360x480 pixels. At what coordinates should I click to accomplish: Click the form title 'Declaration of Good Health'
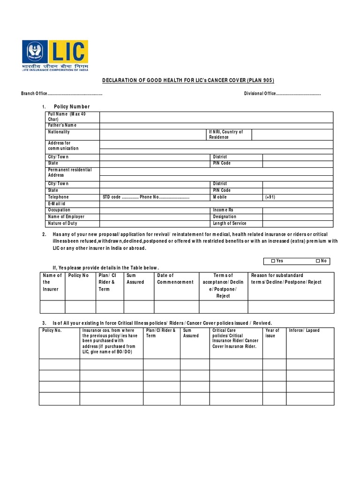click(x=188, y=81)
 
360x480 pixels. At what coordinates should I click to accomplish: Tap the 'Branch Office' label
click(x=35, y=94)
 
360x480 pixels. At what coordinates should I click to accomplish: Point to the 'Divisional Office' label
click(x=260, y=94)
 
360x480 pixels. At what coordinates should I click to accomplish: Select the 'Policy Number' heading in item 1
click(x=72, y=107)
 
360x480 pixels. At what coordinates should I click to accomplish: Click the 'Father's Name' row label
click(x=62, y=126)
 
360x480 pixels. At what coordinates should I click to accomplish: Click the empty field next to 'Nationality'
click(x=153, y=135)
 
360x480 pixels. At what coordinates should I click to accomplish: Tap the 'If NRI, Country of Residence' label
click(x=226, y=135)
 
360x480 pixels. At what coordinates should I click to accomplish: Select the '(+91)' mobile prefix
click(x=270, y=197)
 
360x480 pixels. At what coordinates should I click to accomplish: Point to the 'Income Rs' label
click(x=223, y=210)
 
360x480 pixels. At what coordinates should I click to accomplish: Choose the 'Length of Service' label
click(x=230, y=224)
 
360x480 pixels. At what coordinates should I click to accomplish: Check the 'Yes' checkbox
click(x=274, y=261)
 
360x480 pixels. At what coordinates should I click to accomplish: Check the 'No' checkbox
click(x=317, y=261)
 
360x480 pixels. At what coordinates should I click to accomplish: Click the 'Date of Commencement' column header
click(x=175, y=279)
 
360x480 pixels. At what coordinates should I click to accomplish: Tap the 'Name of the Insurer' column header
click(x=52, y=282)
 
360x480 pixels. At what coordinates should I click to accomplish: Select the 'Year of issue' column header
click(x=272, y=333)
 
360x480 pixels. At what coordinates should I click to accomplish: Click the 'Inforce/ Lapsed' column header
click(x=304, y=330)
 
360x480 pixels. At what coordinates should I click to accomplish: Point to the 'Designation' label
click(x=225, y=217)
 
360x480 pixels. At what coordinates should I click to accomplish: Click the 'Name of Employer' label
click(x=66, y=217)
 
